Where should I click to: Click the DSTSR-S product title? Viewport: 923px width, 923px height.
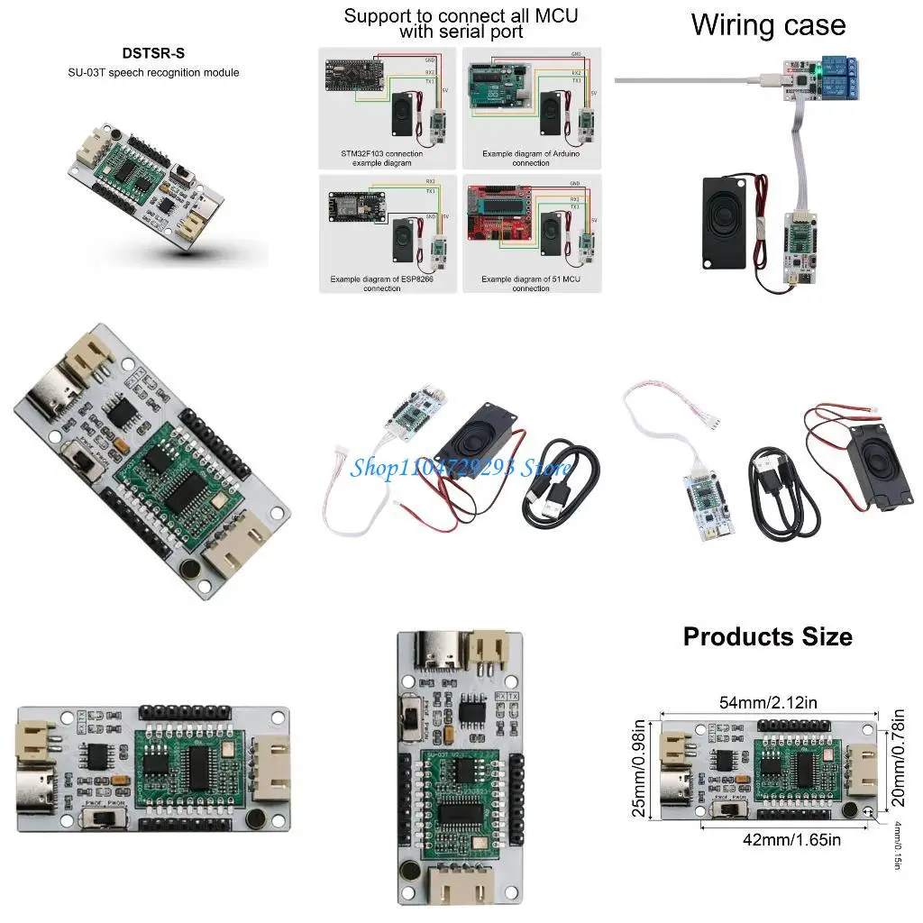(153, 54)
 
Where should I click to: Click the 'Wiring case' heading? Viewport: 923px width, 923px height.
(768, 24)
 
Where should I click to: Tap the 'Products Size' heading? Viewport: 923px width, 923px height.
(767, 636)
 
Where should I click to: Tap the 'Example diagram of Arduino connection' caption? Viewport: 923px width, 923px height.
(530, 158)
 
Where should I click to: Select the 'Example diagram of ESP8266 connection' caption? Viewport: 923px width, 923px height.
(381, 284)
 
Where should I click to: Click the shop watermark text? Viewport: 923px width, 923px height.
(461, 467)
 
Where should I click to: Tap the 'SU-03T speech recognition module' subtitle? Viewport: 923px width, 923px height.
(153, 72)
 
